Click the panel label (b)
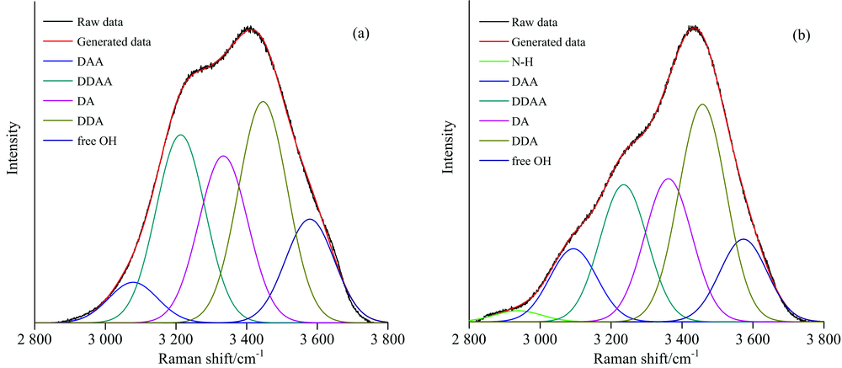click(797, 35)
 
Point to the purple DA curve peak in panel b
click(668, 179)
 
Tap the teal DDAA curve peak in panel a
click(179, 135)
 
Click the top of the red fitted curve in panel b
click(694, 27)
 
